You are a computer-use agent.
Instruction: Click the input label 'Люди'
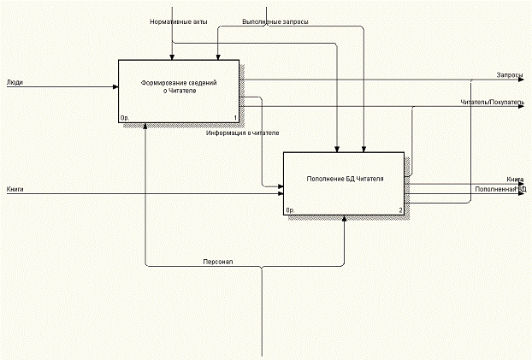[x=15, y=83]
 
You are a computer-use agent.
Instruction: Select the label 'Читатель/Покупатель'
[x=492, y=103]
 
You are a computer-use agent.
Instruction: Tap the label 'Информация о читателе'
[x=242, y=133]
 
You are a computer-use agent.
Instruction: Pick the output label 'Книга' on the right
[x=515, y=179]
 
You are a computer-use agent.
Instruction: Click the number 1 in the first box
[x=234, y=118]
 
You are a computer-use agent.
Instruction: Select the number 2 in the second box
[x=399, y=209]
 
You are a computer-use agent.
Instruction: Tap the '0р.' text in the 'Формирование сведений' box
[x=125, y=118]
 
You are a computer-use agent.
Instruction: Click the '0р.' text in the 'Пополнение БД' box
[x=290, y=209]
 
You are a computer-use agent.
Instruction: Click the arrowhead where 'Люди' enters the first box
[x=115, y=86]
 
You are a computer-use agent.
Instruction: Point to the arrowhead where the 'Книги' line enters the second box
[x=280, y=194]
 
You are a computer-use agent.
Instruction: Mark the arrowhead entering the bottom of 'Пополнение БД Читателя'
[x=344, y=219]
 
